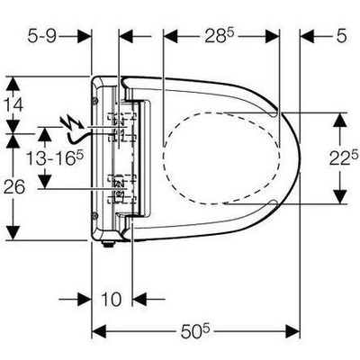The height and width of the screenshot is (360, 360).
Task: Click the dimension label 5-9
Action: point(42,36)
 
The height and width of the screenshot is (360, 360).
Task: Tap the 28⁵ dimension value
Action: point(219,36)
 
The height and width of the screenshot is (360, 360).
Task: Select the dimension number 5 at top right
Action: point(341,36)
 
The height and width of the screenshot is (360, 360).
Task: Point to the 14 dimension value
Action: point(13,105)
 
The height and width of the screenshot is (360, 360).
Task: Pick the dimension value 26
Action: point(14,188)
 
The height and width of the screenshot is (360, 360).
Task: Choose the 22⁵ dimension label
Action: point(344,158)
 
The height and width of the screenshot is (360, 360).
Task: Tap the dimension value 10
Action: point(112,299)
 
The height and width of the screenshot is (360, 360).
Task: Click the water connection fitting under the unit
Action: point(108,244)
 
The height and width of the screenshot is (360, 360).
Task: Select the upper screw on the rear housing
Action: point(95,101)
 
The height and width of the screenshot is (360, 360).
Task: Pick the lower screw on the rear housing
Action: point(95,214)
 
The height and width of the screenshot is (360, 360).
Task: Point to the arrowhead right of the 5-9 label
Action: point(84,36)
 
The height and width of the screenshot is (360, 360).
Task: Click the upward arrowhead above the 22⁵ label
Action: point(339,121)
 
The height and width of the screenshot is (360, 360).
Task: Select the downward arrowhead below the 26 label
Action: point(13,233)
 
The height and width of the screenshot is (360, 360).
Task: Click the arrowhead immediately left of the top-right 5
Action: point(307,36)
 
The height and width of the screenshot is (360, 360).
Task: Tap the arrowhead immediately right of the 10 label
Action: point(139,299)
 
